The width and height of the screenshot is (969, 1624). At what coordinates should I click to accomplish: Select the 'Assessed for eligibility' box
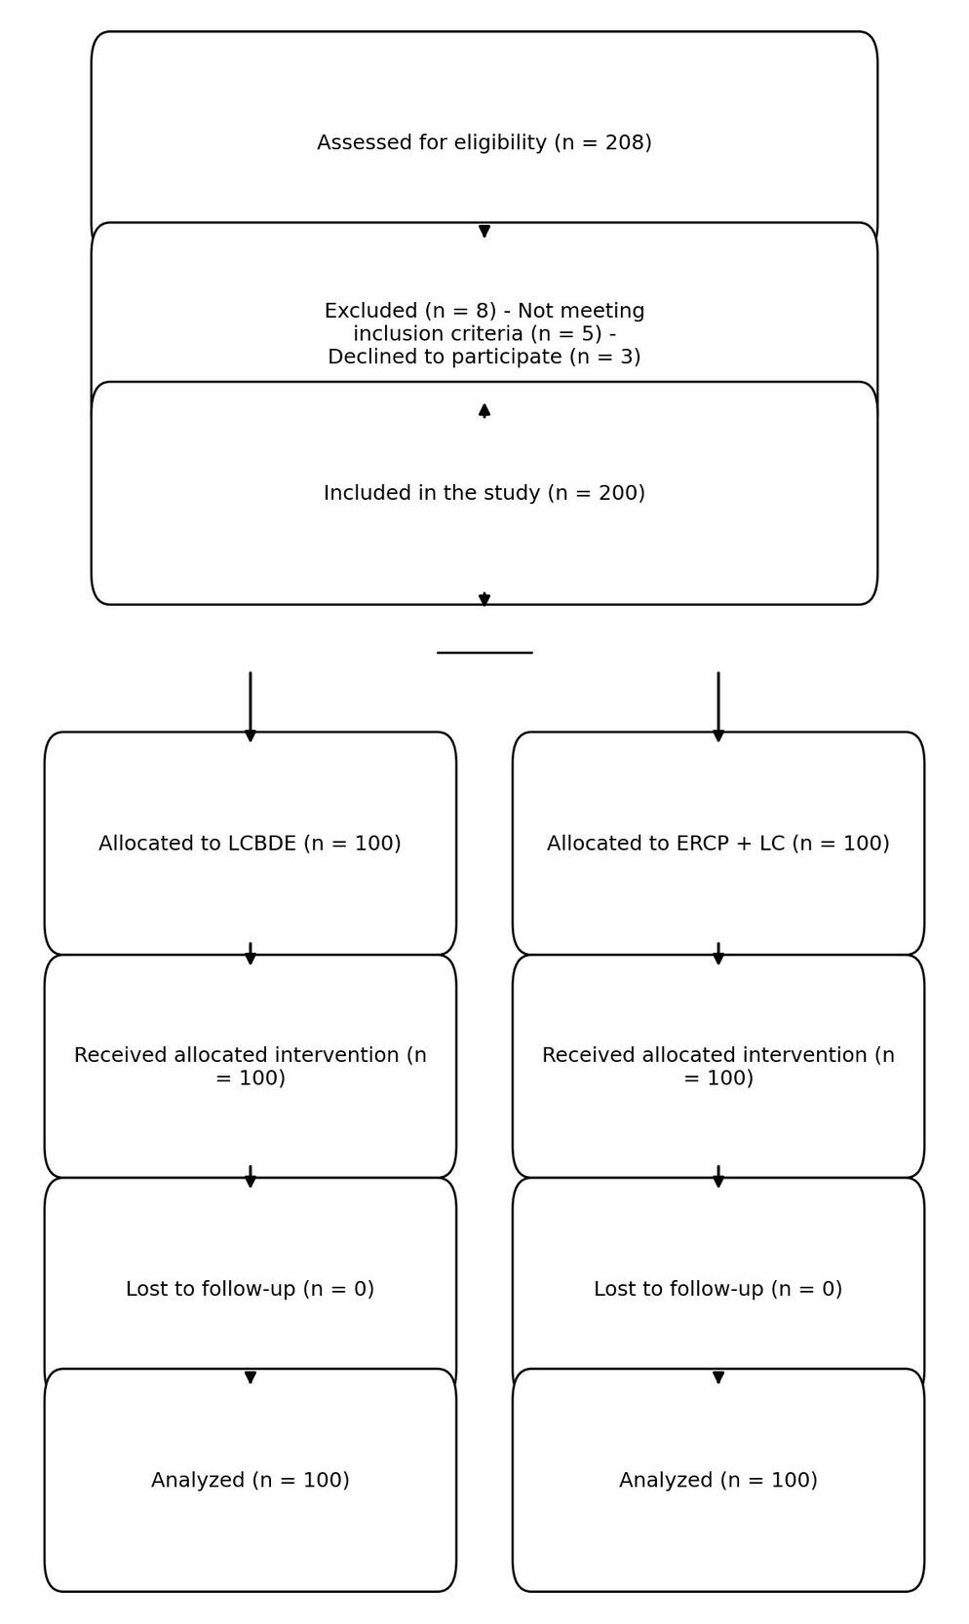pyautogui.click(x=484, y=97)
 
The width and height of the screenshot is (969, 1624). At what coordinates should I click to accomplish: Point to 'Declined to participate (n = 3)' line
pyautogui.click(x=484, y=358)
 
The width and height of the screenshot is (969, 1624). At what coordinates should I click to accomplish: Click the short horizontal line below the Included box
pyautogui.click(x=484, y=653)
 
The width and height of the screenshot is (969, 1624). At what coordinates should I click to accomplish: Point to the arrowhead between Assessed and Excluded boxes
pyautogui.click(x=484, y=231)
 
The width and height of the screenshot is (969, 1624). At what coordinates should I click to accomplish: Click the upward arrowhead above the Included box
pyautogui.click(x=484, y=410)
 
